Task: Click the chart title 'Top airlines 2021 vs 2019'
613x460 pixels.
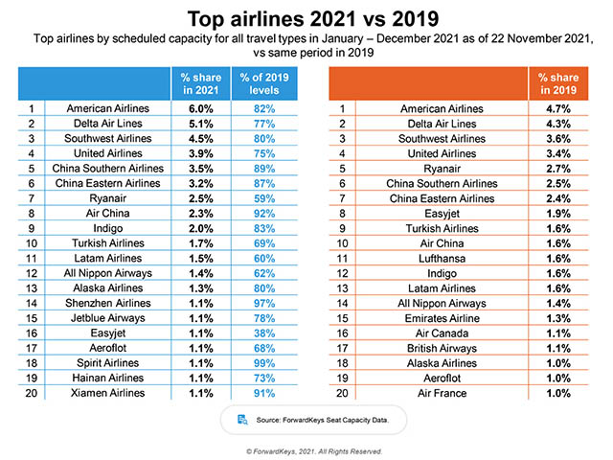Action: (x=306, y=18)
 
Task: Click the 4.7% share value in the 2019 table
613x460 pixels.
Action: (x=558, y=109)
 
